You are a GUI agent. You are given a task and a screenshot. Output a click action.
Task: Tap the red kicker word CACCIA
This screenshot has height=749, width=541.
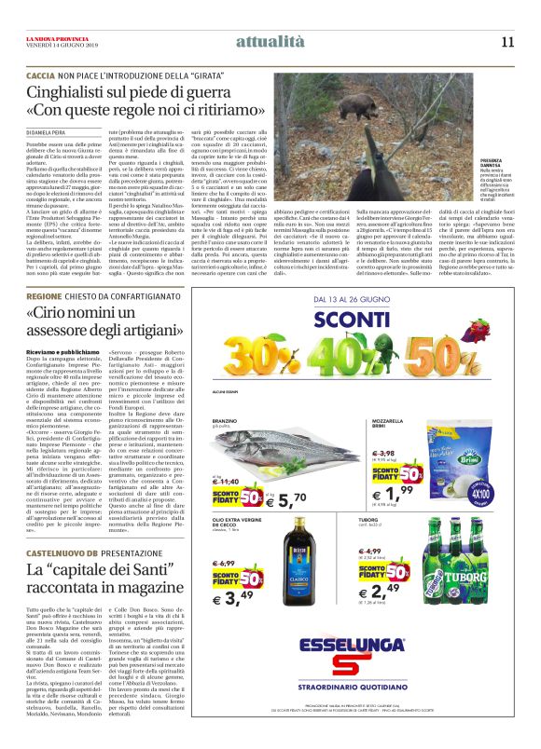tap(39, 74)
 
